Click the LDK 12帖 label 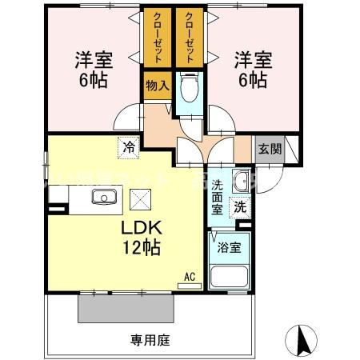[142, 238]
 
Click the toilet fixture [189, 87]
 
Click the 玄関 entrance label [269, 150]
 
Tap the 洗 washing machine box [240, 206]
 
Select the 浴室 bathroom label [230, 246]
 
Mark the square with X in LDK [140, 198]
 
